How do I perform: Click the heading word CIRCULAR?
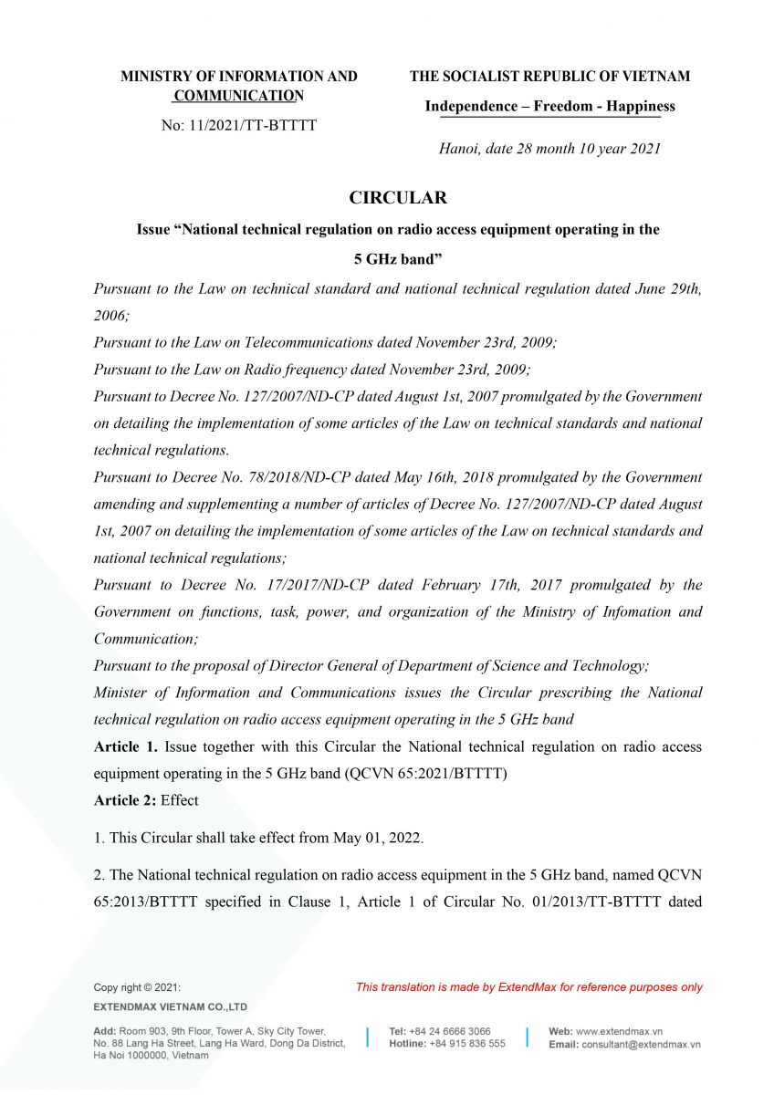(x=398, y=197)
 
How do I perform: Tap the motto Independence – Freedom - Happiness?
(x=549, y=106)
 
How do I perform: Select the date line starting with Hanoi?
(x=549, y=148)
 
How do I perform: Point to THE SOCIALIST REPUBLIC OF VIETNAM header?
(x=549, y=77)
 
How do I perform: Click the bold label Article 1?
(x=125, y=746)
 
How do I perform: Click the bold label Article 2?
(x=125, y=800)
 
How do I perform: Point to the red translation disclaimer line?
(x=529, y=986)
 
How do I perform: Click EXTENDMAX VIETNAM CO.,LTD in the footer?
(x=171, y=1006)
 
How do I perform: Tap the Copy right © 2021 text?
(x=137, y=986)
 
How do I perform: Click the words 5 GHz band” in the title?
(x=398, y=258)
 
